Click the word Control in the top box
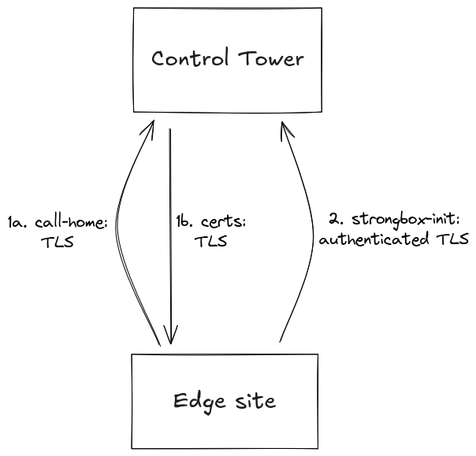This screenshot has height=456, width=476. (188, 59)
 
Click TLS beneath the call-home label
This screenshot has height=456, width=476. (56, 242)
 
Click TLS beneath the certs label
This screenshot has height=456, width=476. (210, 242)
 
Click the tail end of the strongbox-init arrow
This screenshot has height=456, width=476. (280, 341)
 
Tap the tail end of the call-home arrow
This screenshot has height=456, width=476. (160, 344)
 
